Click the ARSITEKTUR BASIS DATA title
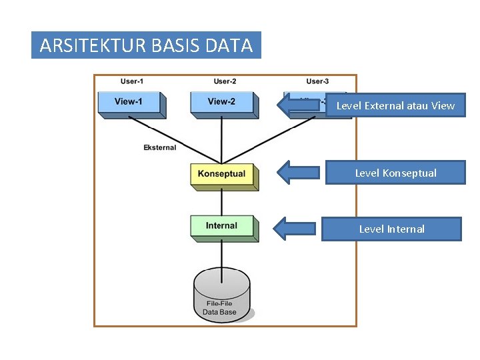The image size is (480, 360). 146,45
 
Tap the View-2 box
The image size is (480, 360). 222,103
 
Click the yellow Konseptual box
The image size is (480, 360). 222,175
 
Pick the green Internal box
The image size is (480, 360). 222,227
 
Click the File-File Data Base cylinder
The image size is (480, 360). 222,296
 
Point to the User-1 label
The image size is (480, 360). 132,81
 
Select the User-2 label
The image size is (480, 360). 225,81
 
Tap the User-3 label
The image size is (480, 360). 317,81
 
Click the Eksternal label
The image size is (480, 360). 160,147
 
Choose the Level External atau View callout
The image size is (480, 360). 395,105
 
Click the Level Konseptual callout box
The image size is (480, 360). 395,173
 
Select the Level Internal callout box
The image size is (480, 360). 391,229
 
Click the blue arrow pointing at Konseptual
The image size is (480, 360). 299,172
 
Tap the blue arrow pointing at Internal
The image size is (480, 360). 297,229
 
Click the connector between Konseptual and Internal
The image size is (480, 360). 222,202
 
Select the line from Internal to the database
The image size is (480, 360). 222,253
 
